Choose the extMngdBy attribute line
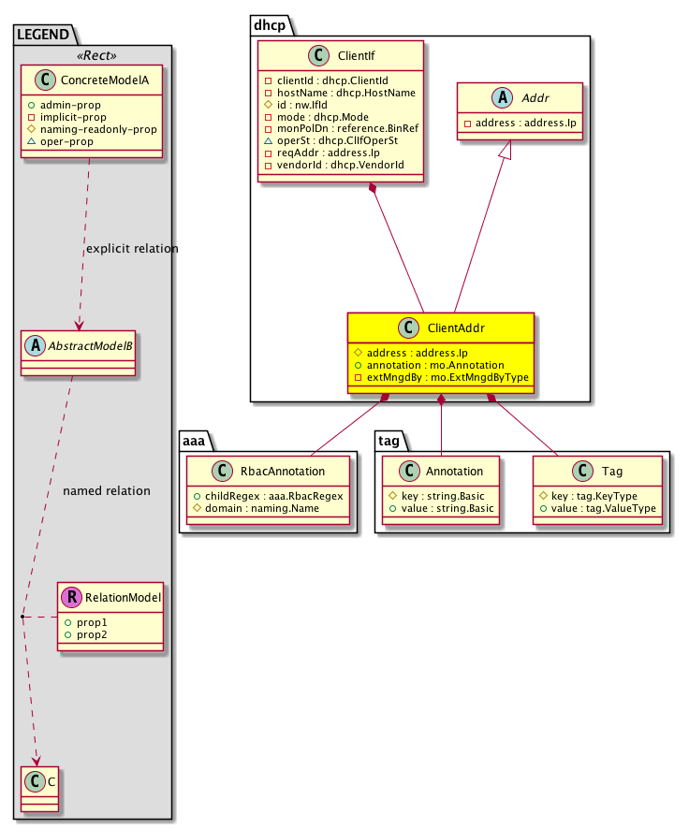(x=442, y=376)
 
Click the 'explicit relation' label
(x=132, y=249)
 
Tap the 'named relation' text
(x=106, y=490)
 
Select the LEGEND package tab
(x=43, y=35)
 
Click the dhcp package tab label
(x=268, y=22)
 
